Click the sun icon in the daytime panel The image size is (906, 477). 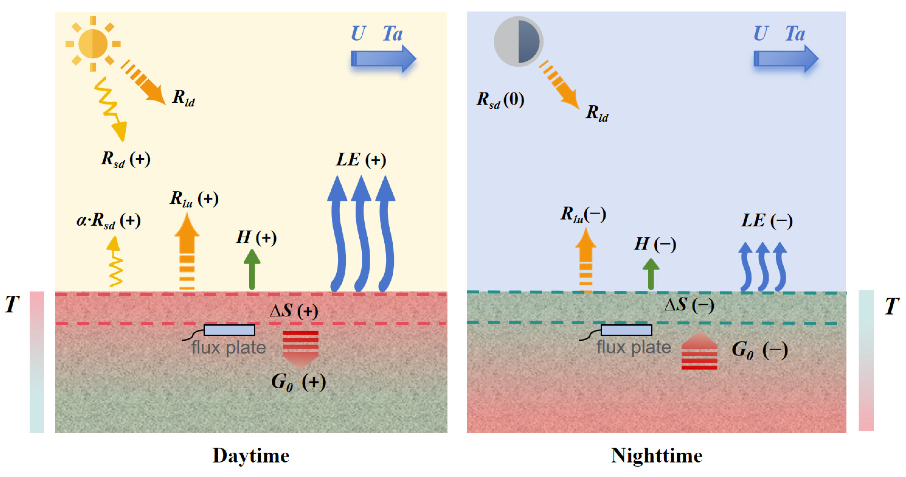(x=93, y=44)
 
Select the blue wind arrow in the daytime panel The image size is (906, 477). (x=383, y=59)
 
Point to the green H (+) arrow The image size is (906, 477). (x=252, y=269)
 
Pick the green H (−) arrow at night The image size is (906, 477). (x=651, y=274)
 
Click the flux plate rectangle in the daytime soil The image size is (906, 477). (x=229, y=330)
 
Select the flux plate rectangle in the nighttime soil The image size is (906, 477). (x=626, y=330)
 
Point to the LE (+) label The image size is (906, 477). (x=361, y=160)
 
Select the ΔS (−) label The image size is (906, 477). (x=689, y=305)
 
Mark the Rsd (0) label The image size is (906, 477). (x=500, y=100)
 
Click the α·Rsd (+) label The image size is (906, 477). (x=109, y=221)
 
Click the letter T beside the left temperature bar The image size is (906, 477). (x=12, y=304)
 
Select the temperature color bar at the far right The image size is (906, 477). (x=866, y=360)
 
